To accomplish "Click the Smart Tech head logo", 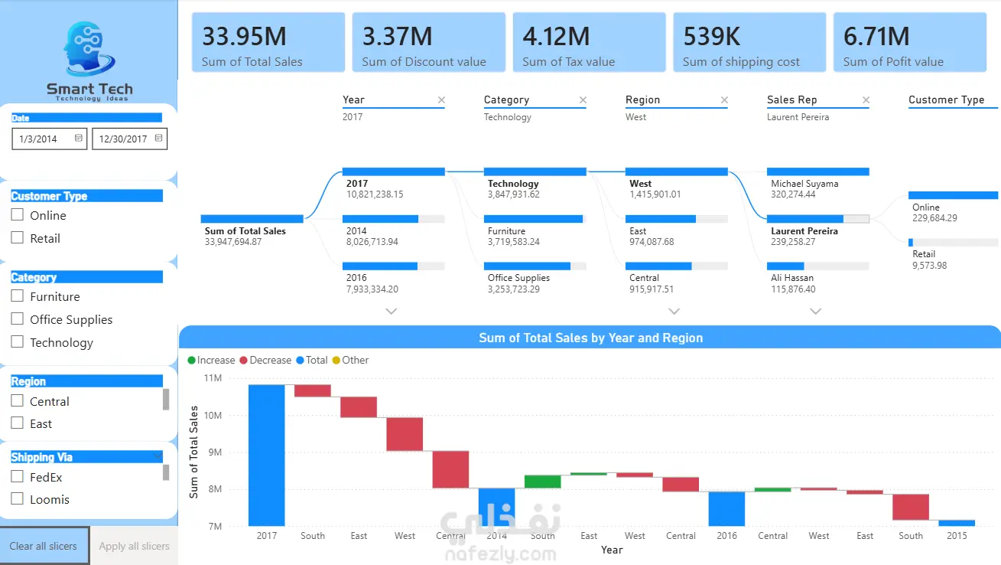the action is tap(89, 48).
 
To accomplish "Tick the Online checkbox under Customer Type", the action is tap(18, 214).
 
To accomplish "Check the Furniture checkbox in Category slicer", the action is tap(18, 296).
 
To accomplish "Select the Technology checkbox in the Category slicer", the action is tap(18, 341).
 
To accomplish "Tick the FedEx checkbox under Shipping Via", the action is tap(18, 476).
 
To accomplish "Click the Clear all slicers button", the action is tap(44, 546).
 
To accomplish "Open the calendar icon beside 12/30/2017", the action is tap(158, 139).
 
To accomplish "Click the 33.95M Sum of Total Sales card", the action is tap(268, 43).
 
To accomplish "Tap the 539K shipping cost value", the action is tap(711, 36).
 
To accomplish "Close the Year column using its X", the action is tap(441, 100).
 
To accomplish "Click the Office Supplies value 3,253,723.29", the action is tap(513, 289).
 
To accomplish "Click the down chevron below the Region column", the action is tap(674, 311).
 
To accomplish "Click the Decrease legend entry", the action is tap(265, 360).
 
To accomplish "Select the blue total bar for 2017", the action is tap(266, 455).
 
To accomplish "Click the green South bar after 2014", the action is tap(542, 482).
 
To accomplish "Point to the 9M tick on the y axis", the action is tap(215, 452).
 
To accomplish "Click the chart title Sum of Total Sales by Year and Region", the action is tap(591, 338).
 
